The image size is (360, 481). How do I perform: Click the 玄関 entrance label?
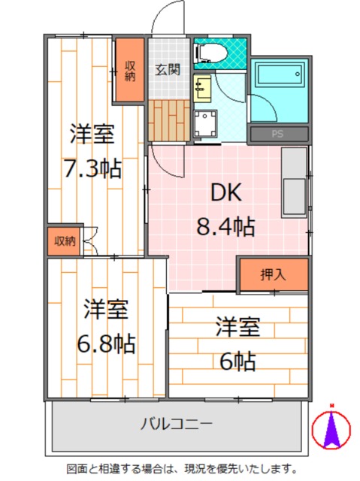pyautogui.click(x=168, y=70)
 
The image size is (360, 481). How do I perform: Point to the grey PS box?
pyautogui.click(x=278, y=135)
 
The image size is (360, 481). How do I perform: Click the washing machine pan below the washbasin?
pyautogui.click(x=204, y=123)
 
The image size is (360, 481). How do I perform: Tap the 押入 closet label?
pyautogui.click(x=273, y=275)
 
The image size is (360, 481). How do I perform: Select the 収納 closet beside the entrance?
pyautogui.click(x=129, y=69)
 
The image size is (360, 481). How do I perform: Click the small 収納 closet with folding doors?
pyautogui.click(x=64, y=240)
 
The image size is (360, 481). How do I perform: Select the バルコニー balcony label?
pyautogui.click(x=177, y=422)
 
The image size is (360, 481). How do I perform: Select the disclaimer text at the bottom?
pyautogui.click(x=180, y=468)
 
